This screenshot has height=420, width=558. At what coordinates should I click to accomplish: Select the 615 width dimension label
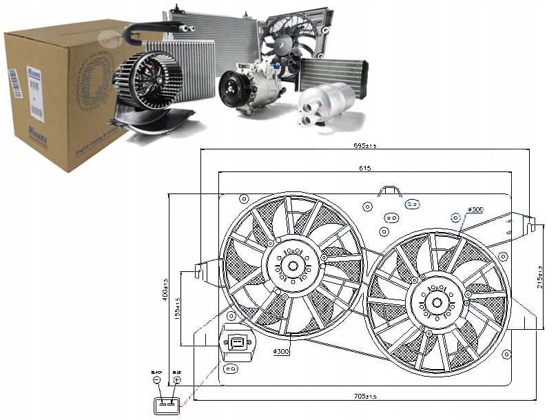(x=364, y=168)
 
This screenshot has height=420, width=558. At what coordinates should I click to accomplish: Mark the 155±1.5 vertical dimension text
(x=178, y=309)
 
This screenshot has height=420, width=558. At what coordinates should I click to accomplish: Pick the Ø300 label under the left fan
(x=280, y=353)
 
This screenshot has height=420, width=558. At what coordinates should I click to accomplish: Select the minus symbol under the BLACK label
(x=158, y=379)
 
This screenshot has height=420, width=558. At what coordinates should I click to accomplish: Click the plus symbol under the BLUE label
(x=177, y=379)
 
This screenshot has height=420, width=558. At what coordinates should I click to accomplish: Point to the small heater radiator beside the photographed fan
(x=333, y=74)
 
